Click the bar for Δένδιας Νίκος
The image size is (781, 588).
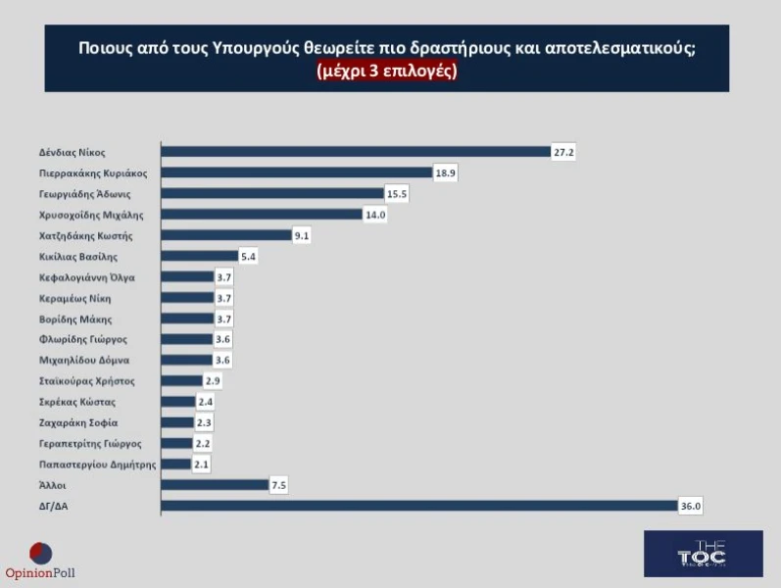click(x=355, y=152)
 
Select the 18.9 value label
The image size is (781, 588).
click(x=445, y=172)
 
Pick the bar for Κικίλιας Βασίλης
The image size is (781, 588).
click(x=199, y=257)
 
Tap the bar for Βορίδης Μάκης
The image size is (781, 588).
click(x=186, y=318)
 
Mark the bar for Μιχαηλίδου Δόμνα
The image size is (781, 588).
click(x=185, y=361)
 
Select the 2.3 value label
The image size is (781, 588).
click(x=204, y=422)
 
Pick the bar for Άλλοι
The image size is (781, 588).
click(x=213, y=485)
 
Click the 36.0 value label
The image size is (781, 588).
click(x=691, y=506)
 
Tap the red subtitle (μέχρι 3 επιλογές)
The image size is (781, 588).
click(x=387, y=72)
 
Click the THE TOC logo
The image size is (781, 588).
click(x=703, y=554)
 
